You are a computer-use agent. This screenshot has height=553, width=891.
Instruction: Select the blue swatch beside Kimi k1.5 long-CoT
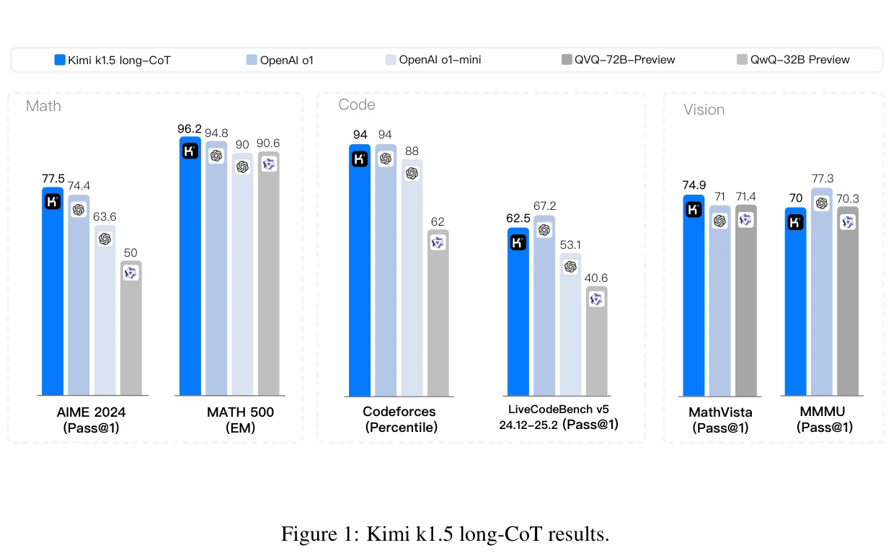point(60,60)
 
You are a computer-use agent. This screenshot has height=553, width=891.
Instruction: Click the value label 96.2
point(190,129)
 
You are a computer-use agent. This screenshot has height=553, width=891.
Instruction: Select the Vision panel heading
point(704,110)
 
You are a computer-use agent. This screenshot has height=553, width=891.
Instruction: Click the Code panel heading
point(356,105)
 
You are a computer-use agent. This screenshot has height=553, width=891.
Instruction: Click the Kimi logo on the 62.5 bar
point(518,243)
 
